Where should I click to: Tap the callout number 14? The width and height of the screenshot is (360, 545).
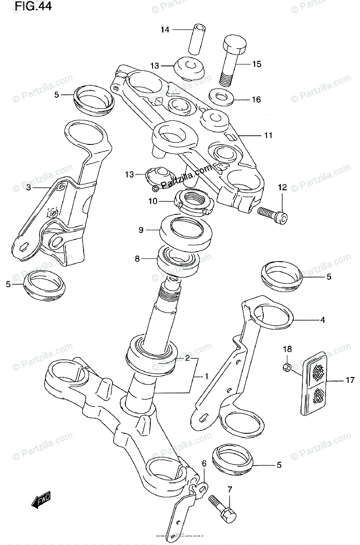tap(164, 30)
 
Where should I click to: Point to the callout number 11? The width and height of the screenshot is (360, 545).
tap(268, 135)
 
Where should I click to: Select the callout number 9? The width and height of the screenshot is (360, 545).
tap(141, 230)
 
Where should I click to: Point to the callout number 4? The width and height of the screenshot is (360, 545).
tap(322, 320)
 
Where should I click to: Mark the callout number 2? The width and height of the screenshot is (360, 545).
tap(187, 358)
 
